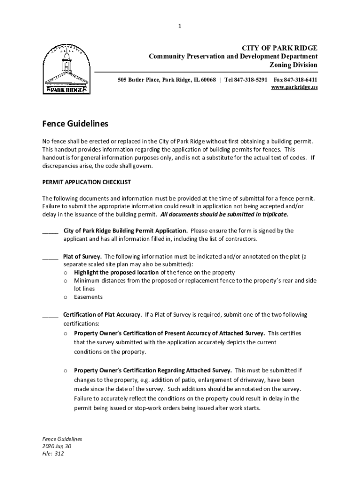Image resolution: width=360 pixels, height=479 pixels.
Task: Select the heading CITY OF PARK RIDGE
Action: click(x=279, y=48)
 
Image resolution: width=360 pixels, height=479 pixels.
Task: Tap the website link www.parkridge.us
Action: click(x=295, y=87)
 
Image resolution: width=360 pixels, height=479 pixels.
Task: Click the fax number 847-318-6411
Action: click(x=302, y=80)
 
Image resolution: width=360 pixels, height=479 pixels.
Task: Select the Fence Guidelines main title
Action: click(x=75, y=124)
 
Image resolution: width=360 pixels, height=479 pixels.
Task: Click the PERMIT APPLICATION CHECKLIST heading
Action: click(x=86, y=181)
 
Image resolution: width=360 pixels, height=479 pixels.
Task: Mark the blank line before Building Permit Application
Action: click(x=50, y=231)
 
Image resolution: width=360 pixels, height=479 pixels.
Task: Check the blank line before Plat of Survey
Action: click(x=50, y=257)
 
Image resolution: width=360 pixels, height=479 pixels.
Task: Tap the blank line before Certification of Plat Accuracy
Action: click(x=50, y=315)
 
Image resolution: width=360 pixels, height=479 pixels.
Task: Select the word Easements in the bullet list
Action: click(x=88, y=297)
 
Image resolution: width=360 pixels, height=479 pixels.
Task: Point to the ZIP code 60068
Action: click(x=208, y=80)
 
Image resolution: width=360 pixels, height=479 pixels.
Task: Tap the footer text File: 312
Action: click(x=53, y=454)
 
